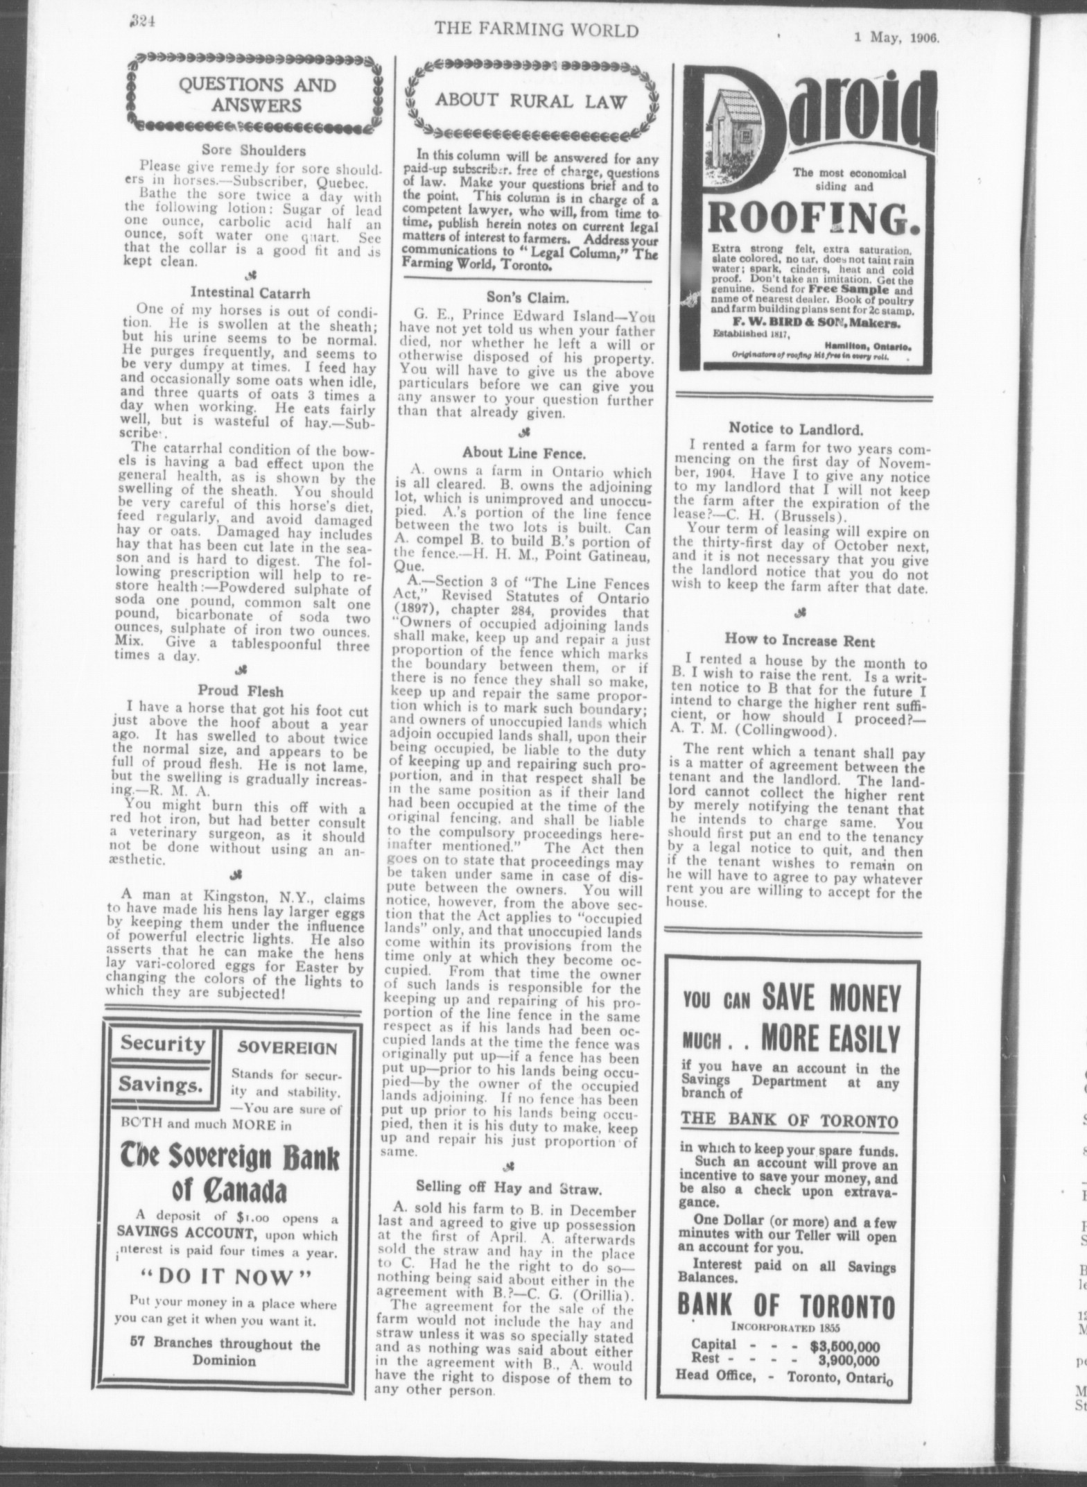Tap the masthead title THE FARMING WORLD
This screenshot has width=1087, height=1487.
coord(536,30)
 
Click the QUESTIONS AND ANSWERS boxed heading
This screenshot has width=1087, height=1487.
coord(256,95)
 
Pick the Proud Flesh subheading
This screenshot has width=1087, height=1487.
coord(241,690)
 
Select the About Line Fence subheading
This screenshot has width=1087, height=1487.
coord(525,453)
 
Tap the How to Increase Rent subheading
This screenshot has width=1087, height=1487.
coord(800,642)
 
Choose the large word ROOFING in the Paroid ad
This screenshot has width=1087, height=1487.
coord(808,218)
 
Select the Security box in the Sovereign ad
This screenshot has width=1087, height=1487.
coord(162,1044)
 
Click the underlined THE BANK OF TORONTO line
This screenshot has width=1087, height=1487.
coord(789,1121)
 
